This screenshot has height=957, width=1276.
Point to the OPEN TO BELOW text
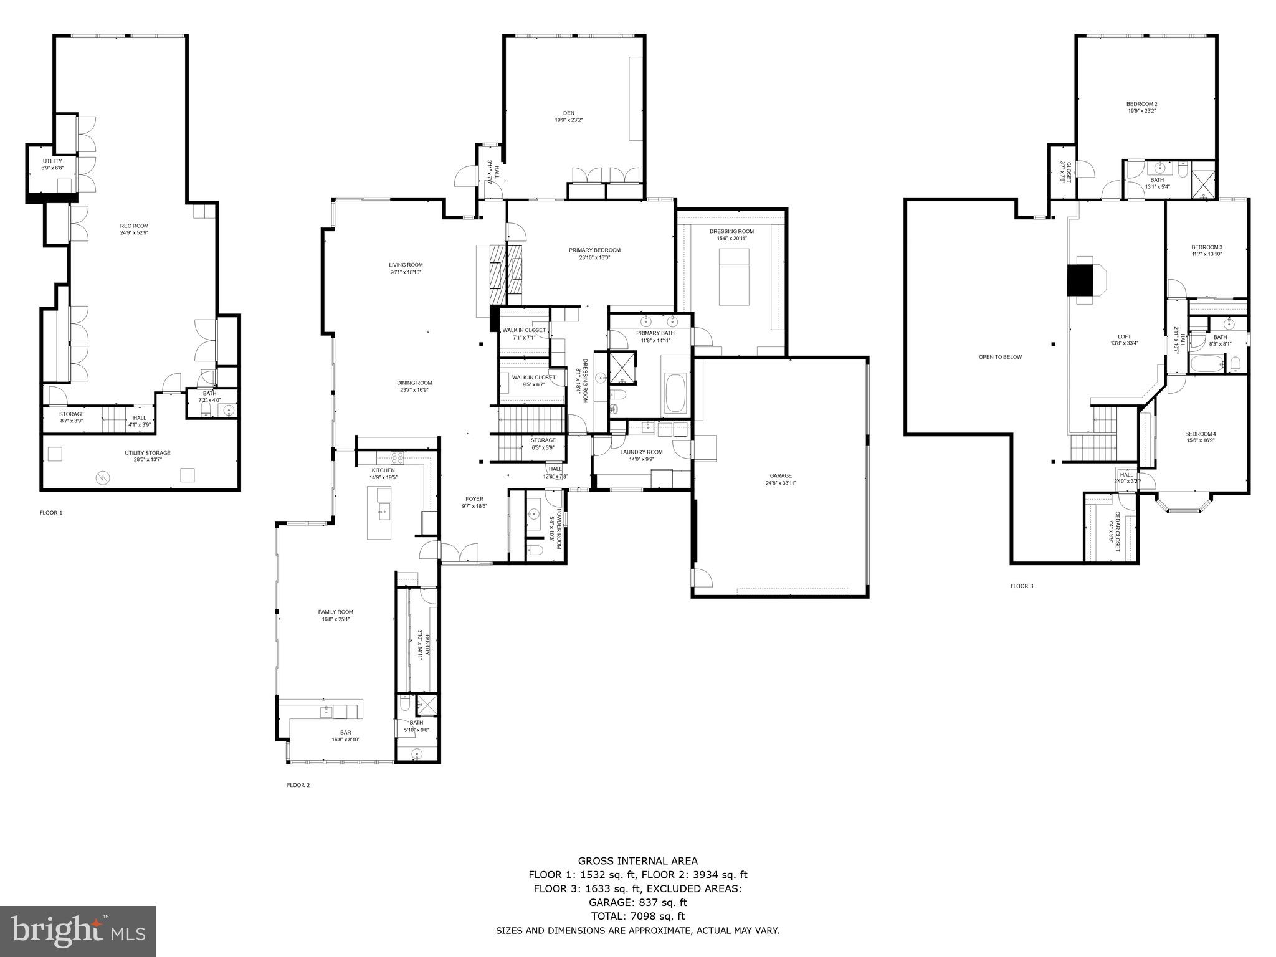[x=1000, y=357]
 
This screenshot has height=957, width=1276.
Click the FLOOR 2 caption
[x=298, y=785]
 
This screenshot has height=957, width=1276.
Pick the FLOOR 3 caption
[x=1021, y=586]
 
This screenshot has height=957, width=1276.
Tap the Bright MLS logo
[x=78, y=931]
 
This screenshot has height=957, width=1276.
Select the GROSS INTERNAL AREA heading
[x=637, y=861]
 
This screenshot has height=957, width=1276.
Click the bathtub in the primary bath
[x=676, y=393]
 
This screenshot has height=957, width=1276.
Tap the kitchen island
[x=379, y=513]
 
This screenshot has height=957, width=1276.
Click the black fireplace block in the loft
[x=1081, y=280]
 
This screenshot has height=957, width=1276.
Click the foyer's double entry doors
[x=460, y=552]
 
